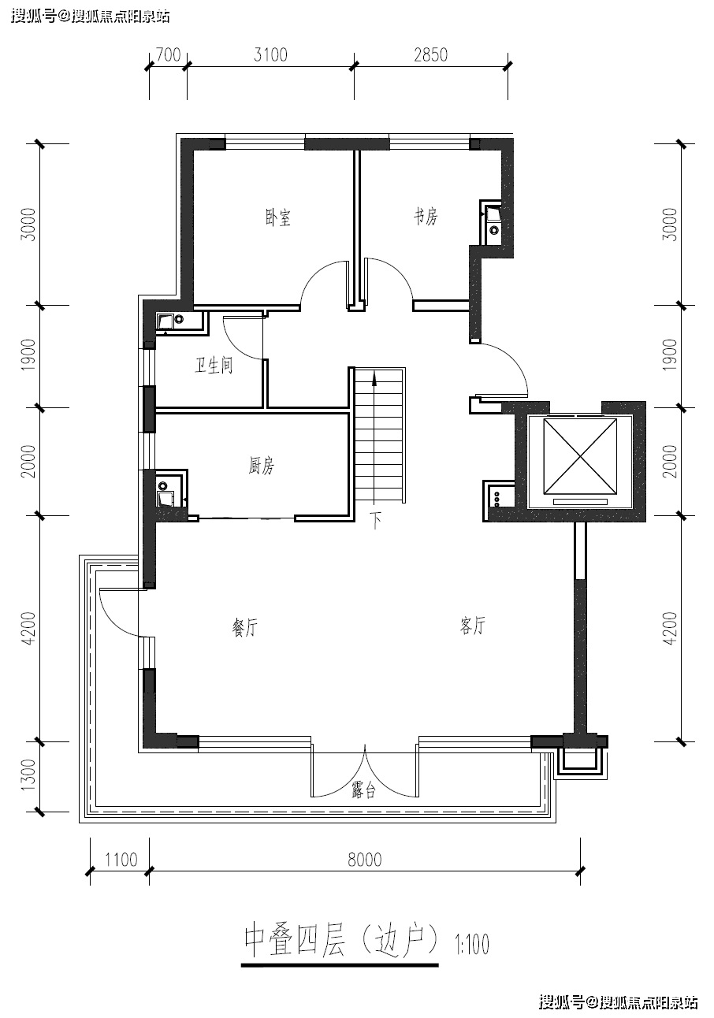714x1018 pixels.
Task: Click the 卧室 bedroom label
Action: (x=277, y=217)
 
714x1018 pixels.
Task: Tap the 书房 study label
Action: (x=426, y=217)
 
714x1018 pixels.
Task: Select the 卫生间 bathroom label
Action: (x=214, y=365)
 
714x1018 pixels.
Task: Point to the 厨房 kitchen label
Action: (x=262, y=466)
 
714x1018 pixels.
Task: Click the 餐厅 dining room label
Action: (x=245, y=628)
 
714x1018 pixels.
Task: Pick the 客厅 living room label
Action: (x=472, y=626)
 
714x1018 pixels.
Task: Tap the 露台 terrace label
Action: (x=363, y=791)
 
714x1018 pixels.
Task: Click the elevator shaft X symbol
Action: (x=580, y=456)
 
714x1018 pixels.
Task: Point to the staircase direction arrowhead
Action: (x=374, y=378)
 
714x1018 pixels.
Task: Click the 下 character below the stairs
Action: (x=375, y=520)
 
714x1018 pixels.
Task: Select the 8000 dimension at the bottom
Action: (x=365, y=860)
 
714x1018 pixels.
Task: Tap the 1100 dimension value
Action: (x=121, y=860)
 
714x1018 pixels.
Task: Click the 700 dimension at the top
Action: (x=168, y=54)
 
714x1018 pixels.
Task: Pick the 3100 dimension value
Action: (x=270, y=54)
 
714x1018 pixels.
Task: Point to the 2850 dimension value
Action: (x=430, y=54)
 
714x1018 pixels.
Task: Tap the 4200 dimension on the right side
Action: (x=669, y=628)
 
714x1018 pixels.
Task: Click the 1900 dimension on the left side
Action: (x=28, y=355)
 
